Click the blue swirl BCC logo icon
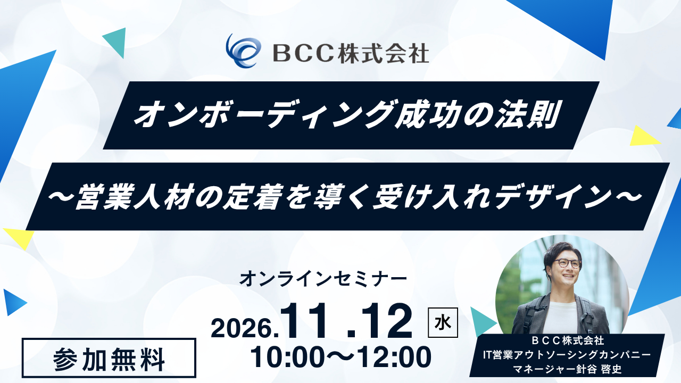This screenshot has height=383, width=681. pyautogui.click(x=243, y=51)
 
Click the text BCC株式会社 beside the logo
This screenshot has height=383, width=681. pyautogui.click(x=351, y=53)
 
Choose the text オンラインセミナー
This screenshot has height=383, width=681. pyautogui.click(x=323, y=278)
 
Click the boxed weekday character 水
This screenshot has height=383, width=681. pyautogui.click(x=443, y=323)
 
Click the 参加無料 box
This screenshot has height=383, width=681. pyautogui.click(x=109, y=358)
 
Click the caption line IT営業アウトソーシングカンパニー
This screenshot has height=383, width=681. pyautogui.click(x=567, y=355)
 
